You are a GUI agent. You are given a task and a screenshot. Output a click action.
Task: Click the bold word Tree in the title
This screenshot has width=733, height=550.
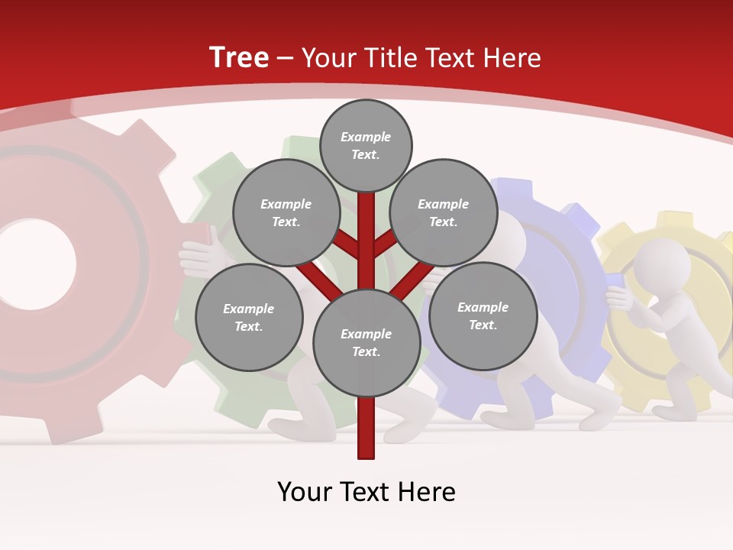[239, 57]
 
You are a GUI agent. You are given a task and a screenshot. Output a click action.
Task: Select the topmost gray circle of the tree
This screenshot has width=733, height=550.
[366, 145]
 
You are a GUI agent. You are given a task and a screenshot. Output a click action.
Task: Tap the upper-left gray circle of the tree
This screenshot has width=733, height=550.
[286, 213]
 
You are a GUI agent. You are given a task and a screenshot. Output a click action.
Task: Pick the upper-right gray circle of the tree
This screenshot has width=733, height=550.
[443, 213]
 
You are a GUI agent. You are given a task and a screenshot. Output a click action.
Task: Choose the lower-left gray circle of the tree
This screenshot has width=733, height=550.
[249, 317]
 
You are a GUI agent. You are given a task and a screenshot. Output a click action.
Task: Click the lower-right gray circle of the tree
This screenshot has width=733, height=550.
[483, 315]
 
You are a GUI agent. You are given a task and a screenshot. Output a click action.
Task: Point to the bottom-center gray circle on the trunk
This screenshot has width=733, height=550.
[366, 342]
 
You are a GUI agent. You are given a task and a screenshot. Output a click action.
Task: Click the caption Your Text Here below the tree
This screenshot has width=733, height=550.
[366, 492]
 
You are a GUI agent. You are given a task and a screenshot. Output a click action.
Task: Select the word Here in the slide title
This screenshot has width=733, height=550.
[511, 58]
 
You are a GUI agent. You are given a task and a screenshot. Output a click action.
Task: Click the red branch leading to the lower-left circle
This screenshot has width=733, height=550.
[313, 277]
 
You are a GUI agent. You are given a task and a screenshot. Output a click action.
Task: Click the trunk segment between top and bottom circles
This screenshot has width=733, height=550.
[366, 241]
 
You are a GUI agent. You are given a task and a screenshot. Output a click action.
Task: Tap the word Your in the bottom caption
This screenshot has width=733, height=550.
[304, 492]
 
